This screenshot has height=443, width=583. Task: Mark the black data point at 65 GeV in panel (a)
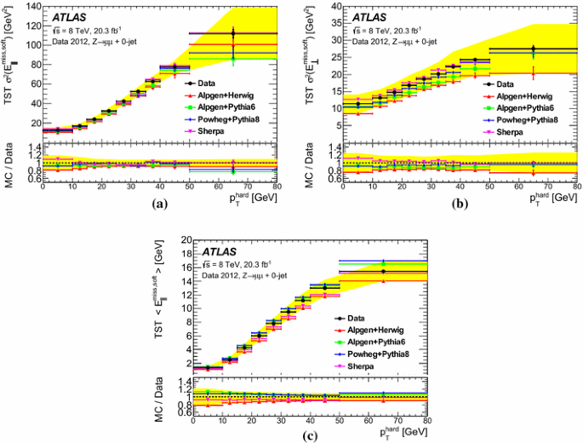click(x=232, y=34)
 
